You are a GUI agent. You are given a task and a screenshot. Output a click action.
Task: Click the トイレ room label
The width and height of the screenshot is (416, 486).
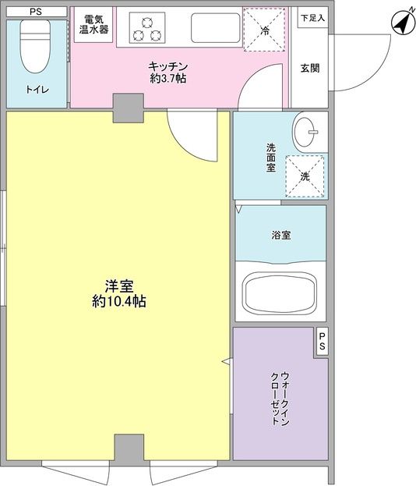coord(37,90)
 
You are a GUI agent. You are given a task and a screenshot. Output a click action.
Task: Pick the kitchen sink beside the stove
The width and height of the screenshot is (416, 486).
coord(209,28)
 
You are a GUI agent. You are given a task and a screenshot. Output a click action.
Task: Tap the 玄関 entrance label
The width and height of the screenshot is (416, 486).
coord(310,67)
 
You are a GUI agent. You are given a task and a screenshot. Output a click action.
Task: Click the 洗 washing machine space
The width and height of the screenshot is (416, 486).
coord(305,176)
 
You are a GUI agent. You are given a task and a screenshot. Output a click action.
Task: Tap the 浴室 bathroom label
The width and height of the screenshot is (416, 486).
coord(281,235)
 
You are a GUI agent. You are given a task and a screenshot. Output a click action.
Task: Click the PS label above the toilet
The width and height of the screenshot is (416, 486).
coord(36,12)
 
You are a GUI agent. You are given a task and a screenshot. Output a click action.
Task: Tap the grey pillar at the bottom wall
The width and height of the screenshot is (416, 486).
coord(129,449)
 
